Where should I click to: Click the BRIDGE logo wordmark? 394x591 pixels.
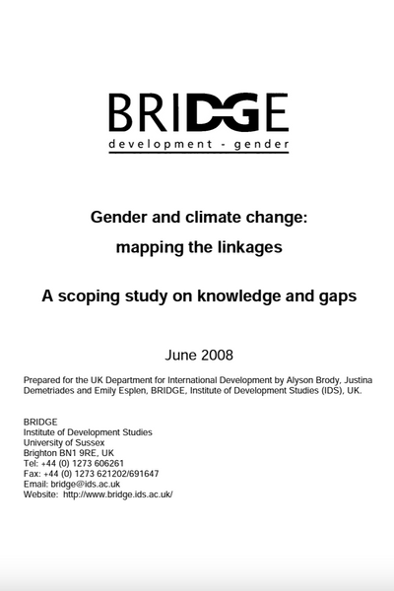point(198,112)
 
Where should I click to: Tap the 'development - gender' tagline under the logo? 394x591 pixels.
point(198,145)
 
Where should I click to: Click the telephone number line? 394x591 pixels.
point(74,463)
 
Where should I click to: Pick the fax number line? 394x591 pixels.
point(91,473)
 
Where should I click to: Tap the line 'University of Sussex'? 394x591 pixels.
point(63,442)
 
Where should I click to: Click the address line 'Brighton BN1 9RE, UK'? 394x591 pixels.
point(69,452)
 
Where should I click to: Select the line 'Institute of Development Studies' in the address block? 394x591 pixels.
point(89,431)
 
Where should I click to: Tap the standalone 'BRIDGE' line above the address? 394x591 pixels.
point(40,422)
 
